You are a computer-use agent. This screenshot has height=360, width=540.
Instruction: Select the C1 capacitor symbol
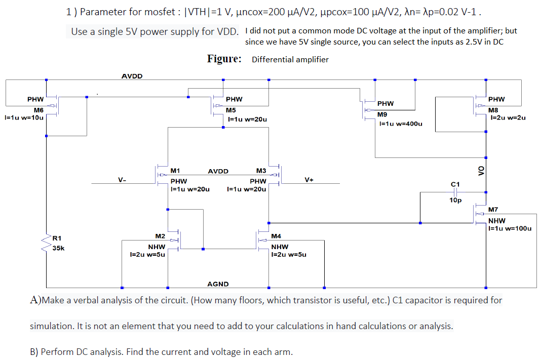(x=455, y=192)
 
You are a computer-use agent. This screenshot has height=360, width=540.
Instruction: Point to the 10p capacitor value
(x=455, y=201)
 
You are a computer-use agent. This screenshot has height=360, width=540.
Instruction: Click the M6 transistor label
(x=38, y=110)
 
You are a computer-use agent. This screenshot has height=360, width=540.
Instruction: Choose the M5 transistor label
(x=230, y=110)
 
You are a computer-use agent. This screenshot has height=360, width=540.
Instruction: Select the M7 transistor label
(x=493, y=210)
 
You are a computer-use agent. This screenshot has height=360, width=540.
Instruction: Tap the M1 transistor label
(x=176, y=171)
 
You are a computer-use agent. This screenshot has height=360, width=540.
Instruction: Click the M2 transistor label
(x=160, y=236)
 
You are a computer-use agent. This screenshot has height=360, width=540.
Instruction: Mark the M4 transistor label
(x=276, y=236)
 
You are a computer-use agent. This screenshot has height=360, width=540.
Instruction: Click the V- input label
(x=122, y=179)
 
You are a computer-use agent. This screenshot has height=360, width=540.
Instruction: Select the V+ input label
(x=309, y=179)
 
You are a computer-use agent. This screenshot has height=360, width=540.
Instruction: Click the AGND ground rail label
(x=218, y=284)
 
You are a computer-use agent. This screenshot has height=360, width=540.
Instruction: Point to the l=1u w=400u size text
(x=400, y=124)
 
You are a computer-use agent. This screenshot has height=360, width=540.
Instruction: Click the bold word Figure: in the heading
(x=224, y=59)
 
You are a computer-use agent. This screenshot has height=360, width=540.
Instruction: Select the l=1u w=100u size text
(x=510, y=228)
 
